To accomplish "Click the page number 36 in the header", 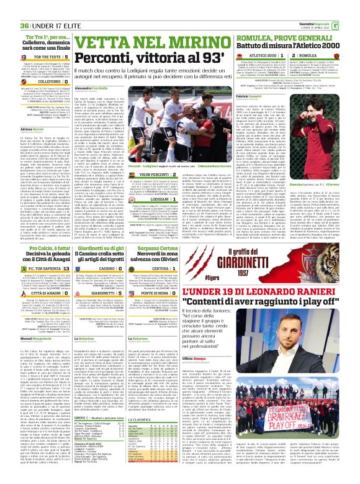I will [x=8, y=7].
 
